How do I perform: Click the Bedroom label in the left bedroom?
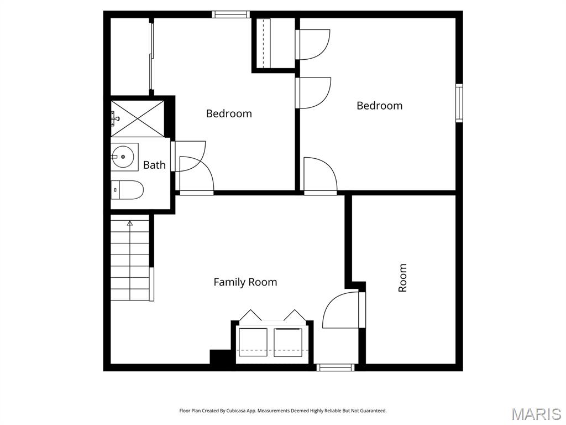click(229, 113)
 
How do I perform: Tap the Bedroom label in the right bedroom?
click(379, 106)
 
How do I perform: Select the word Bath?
click(154, 165)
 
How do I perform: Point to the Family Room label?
click(245, 282)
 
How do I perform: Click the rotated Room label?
click(402, 278)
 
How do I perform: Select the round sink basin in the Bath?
click(124, 157)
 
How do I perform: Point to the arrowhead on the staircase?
click(130, 224)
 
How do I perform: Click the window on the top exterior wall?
click(231, 14)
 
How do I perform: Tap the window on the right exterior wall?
click(459, 102)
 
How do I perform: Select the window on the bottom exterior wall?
click(335, 367)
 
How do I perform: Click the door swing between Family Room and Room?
click(341, 310)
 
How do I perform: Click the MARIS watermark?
click(536, 414)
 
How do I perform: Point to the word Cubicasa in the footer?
click(241, 411)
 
